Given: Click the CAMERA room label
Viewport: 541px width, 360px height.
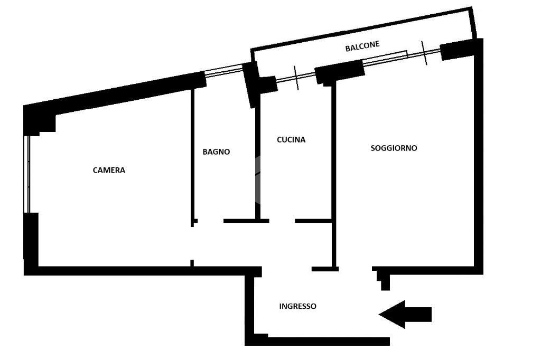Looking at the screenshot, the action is click(109, 170).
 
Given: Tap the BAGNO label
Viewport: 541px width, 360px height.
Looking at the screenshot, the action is click(216, 151).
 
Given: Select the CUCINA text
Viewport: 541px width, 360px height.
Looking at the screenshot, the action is click(291, 140).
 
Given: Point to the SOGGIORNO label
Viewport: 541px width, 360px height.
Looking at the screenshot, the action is click(394, 148).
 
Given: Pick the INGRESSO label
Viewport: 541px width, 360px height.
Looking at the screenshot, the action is click(297, 306).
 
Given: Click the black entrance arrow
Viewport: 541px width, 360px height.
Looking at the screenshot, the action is click(405, 314).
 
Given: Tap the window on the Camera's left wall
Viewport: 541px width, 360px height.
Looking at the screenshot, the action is click(27, 174).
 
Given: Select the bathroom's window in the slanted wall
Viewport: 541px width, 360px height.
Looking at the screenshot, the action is click(224, 70).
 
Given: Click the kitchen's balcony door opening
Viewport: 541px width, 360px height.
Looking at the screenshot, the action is click(296, 78).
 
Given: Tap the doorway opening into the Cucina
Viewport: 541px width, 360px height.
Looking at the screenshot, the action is click(282, 221).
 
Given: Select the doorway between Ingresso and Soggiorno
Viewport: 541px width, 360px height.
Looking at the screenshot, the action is click(355, 269).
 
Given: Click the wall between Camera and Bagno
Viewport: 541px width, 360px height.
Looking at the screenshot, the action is click(192, 155).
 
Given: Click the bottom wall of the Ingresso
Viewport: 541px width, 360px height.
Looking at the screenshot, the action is click(318, 342).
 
